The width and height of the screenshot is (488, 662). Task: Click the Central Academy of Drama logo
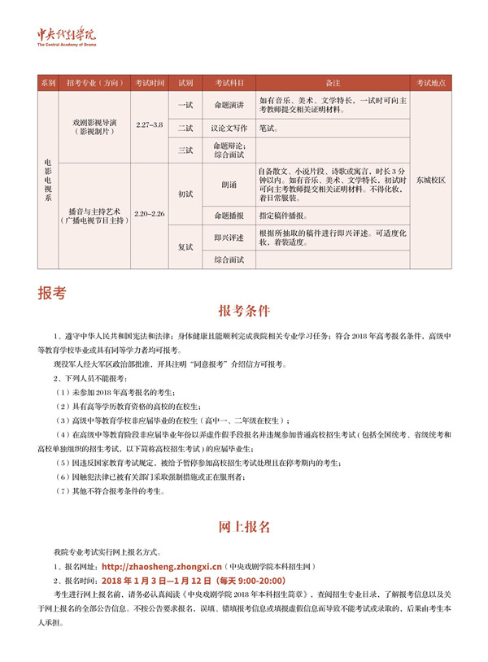(x=67, y=37)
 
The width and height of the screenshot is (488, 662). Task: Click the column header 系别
(x=47, y=83)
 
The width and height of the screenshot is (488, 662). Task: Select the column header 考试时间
(x=150, y=83)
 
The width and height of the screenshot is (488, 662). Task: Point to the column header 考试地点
(x=430, y=83)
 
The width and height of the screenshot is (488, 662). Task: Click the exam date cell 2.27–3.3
(x=150, y=125)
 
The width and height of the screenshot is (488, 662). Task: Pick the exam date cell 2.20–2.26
(x=150, y=215)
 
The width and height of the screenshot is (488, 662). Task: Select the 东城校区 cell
(x=430, y=179)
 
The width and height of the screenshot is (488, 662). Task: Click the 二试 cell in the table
(x=185, y=128)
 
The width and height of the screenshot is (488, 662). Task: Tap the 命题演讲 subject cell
(x=229, y=106)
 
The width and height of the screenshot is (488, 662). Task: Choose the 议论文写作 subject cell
(x=229, y=128)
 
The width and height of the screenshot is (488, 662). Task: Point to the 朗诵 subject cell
(x=229, y=185)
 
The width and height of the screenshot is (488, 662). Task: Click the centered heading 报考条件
(x=244, y=311)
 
